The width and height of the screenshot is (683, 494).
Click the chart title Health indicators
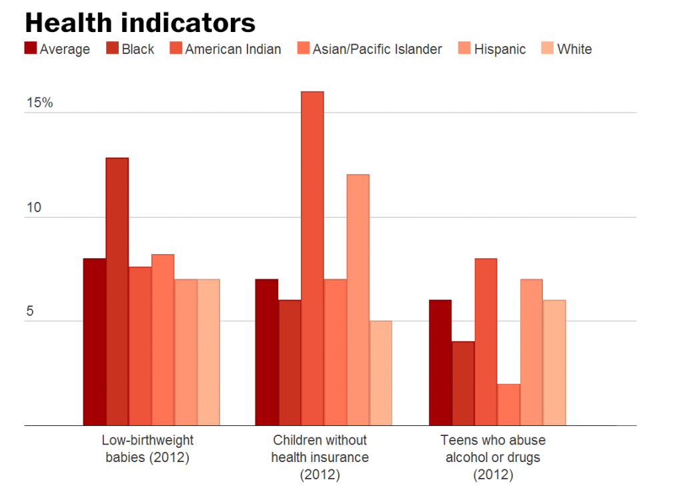pos(140,23)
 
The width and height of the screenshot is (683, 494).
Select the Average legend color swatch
pos(31,49)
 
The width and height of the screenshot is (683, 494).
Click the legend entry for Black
pos(129,49)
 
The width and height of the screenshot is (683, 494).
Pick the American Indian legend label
pos(233,49)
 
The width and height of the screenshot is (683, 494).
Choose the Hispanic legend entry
pos(500,49)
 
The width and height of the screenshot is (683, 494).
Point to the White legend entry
pos(574,49)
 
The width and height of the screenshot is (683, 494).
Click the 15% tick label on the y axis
pos(39,103)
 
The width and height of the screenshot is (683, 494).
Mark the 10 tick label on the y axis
pos(33,207)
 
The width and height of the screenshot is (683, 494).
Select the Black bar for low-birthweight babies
pos(117,291)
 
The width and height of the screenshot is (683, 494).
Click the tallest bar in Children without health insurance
pos(312,258)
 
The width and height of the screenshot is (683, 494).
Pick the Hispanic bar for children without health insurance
pos(358,299)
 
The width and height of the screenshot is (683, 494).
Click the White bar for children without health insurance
pos(380,373)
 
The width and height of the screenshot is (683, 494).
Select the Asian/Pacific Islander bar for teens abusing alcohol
pos(508,404)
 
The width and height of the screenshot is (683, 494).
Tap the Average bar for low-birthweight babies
pos(94,341)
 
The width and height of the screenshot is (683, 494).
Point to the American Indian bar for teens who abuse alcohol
pos(486,341)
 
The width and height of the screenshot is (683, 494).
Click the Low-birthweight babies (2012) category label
pos(147,449)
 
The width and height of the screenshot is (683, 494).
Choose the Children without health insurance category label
pos(319,457)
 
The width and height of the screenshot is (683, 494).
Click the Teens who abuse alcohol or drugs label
pos(493,457)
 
